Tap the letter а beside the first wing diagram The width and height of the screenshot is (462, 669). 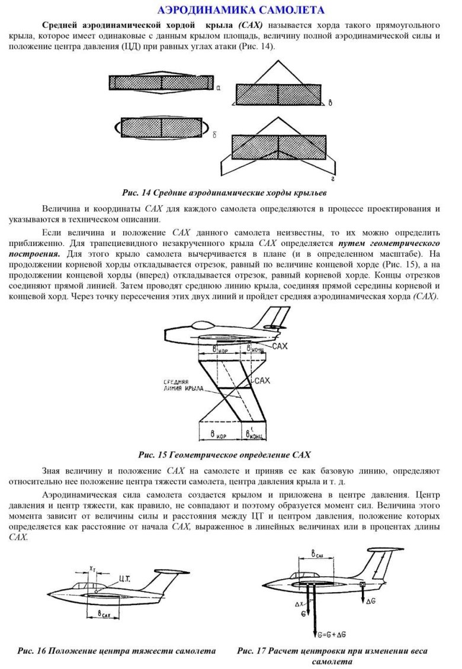coord(219,88)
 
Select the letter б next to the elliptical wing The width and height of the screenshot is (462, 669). coord(214,135)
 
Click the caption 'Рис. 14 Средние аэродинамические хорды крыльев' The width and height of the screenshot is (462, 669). coord(224,193)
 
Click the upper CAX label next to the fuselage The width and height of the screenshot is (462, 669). coord(280,345)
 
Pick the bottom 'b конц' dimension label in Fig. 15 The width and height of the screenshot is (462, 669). coord(256,435)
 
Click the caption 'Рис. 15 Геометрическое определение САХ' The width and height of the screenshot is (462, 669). coord(224,455)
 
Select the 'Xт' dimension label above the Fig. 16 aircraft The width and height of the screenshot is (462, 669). coord(92,568)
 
